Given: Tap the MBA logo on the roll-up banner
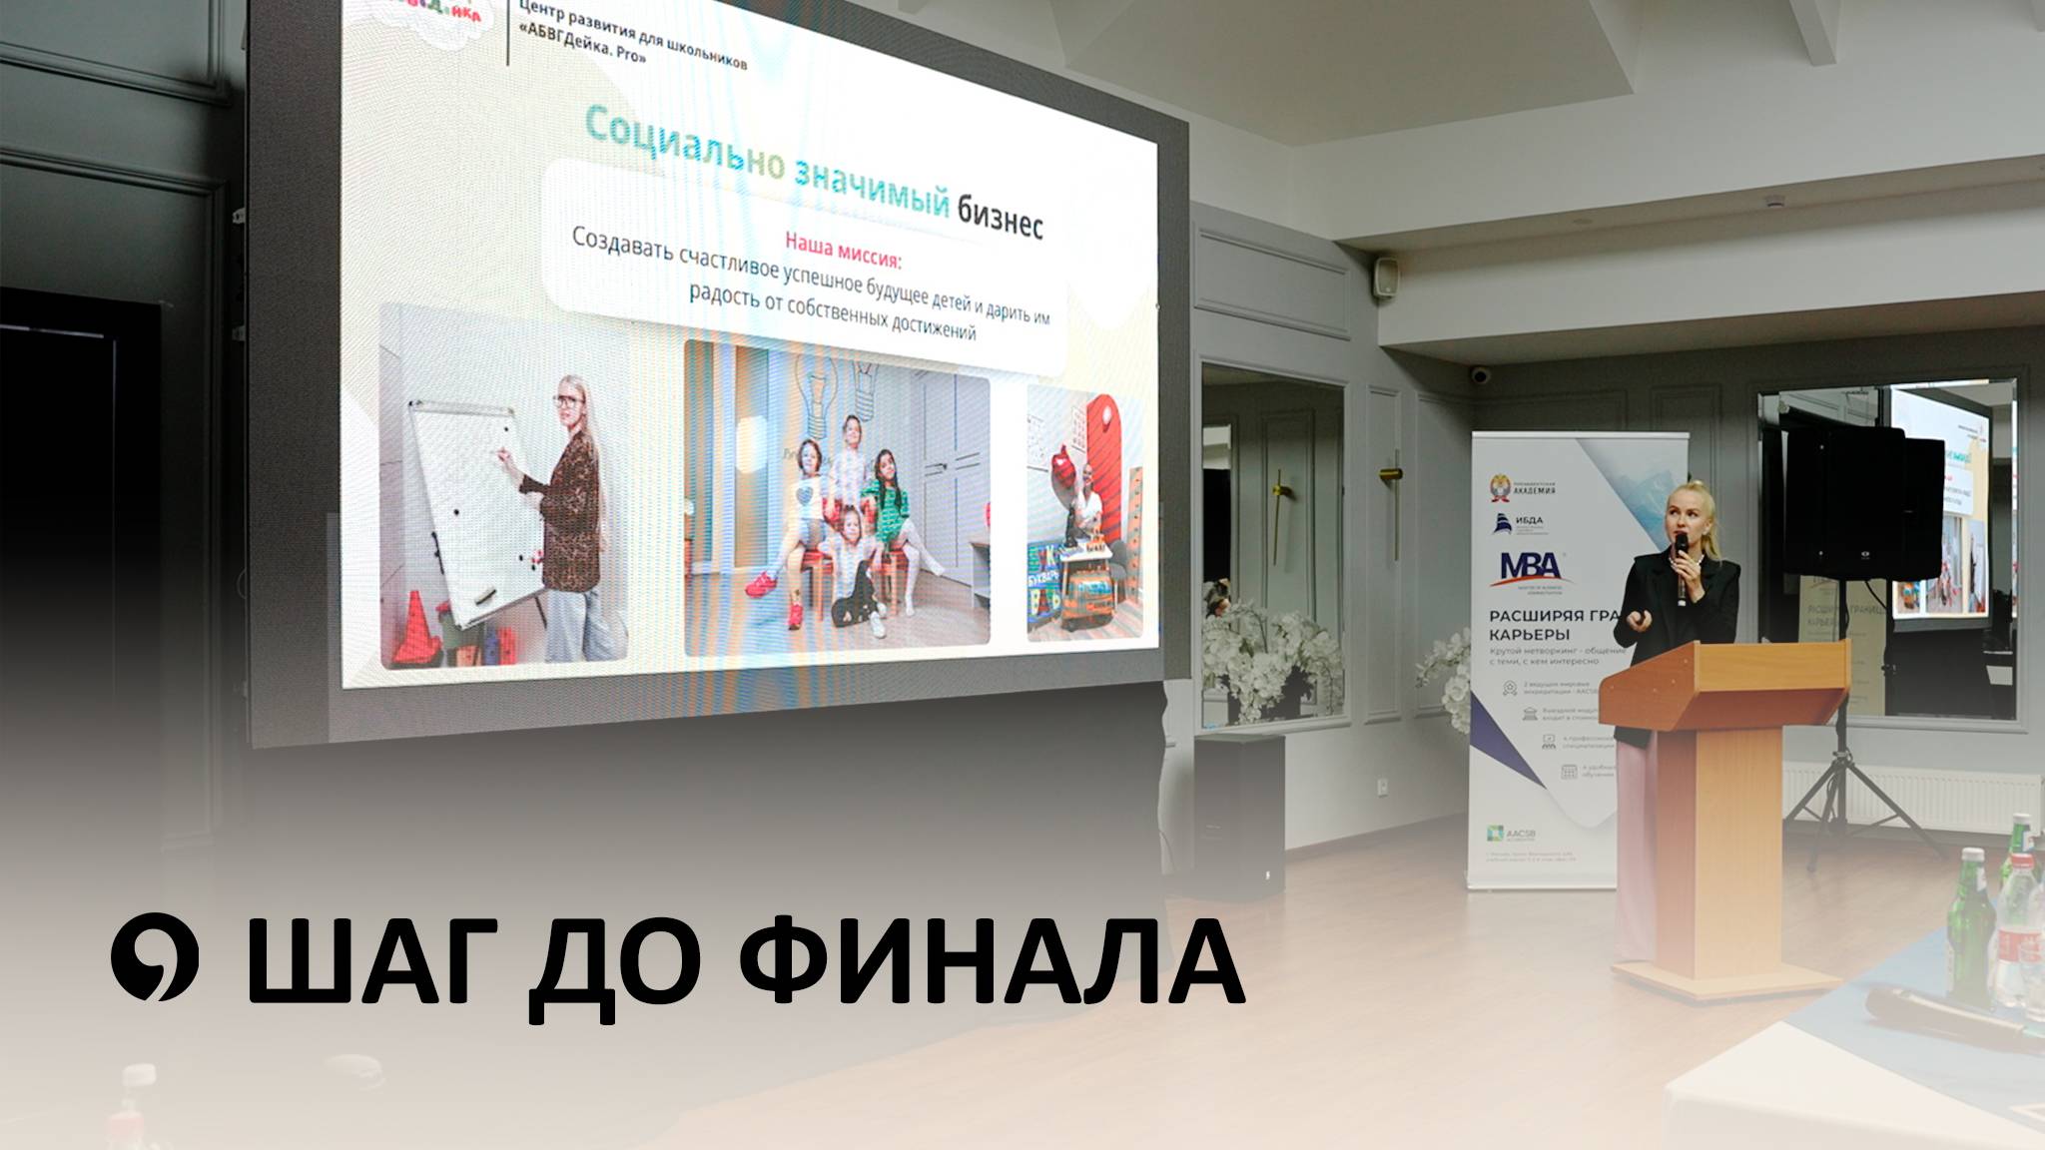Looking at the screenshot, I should [1529, 568].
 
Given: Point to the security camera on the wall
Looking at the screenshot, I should [1480, 375].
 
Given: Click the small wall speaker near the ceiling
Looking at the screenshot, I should [1385, 277].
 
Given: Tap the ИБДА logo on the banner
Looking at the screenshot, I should [1518, 523].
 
